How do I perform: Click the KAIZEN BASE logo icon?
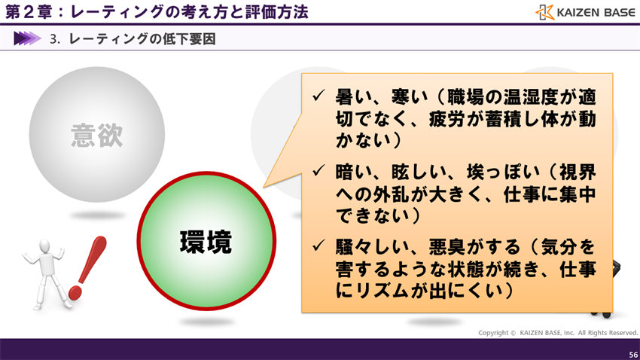click(x=544, y=12)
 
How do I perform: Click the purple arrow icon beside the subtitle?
click(x=27, y=38)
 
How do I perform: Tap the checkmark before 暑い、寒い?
click(x=318, y=98)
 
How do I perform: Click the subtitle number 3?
click(x=54, y=39)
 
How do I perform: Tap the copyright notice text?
click(x=558, y=333)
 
